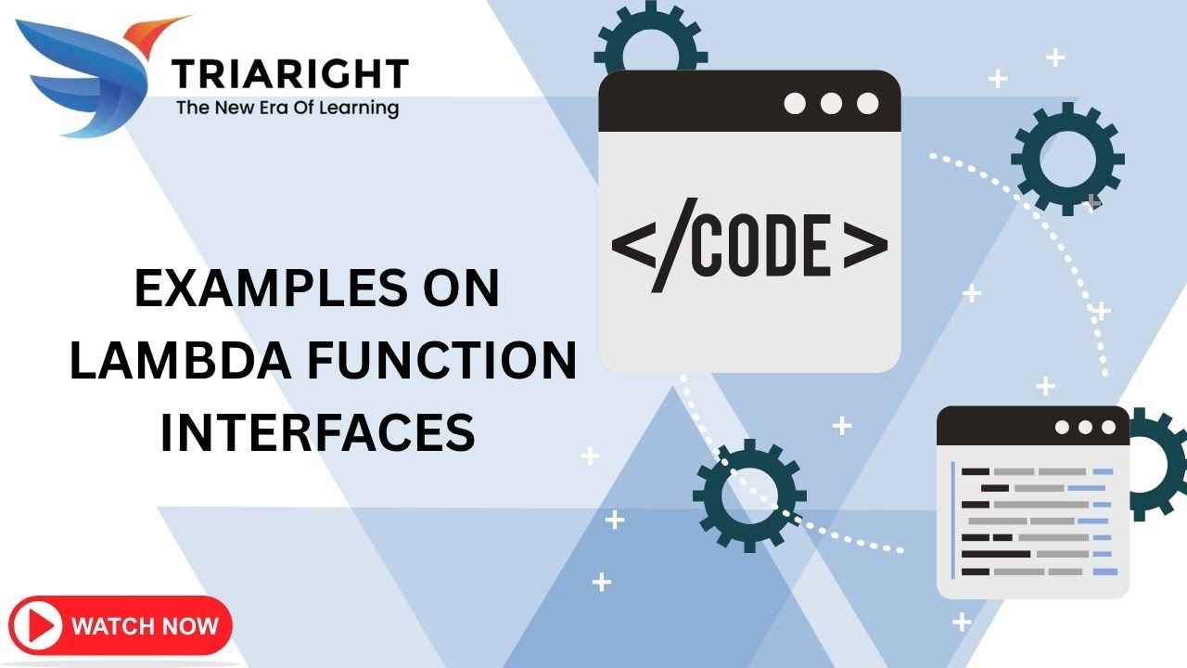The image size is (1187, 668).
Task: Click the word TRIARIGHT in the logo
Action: tap(289, 73)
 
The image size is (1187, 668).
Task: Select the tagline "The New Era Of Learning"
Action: tap(287, 108)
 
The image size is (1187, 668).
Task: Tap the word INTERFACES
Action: tap(318, 432)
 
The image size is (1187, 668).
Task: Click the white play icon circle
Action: tap(37, 625)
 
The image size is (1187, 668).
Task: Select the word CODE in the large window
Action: tap(759, 247)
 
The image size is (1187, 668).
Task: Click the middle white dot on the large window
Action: tap(831, 103)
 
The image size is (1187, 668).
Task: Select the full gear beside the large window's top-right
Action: tap(1067, 159)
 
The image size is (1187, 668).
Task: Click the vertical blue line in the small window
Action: tap(953, 520)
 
